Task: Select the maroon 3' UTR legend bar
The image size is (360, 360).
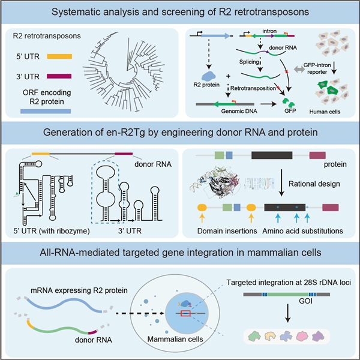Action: pos(62,77)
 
